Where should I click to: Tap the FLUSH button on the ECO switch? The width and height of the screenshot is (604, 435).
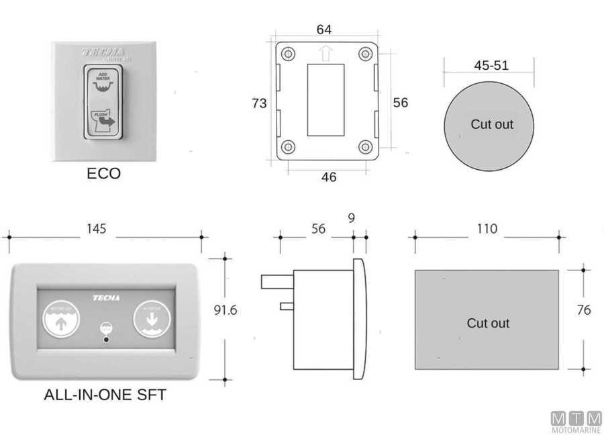(x=103, y=121)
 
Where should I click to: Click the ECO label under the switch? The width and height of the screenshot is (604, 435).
(x=104, y=173)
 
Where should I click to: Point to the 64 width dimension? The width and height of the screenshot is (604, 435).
(x=324, y=30)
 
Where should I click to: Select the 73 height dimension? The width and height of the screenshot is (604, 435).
(x=259, y=103)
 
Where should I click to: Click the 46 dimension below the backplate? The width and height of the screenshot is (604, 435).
(x=329, y=177)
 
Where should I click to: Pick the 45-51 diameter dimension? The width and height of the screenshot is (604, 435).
(x=491, y=66)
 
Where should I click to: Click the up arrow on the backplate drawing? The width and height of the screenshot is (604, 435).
(x=326, y=53)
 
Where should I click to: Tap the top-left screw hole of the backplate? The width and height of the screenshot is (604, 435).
(x=287, y=54)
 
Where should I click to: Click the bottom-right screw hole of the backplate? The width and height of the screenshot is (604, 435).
(x=365, y=146)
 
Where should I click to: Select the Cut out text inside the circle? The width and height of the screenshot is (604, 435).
(x=491, y=124)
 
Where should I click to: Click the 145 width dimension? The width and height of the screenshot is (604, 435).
(x=96, y=229)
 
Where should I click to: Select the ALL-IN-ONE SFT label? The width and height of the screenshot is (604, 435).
(x=105, y=395)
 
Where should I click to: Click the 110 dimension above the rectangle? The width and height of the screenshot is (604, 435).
(x=487, y=229)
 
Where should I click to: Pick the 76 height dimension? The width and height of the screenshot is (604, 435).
(x=584, y=310)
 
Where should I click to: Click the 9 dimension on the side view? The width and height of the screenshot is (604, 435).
(x=352, y=217)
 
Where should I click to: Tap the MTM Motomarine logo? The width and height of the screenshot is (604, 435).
(x=576, y=420)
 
